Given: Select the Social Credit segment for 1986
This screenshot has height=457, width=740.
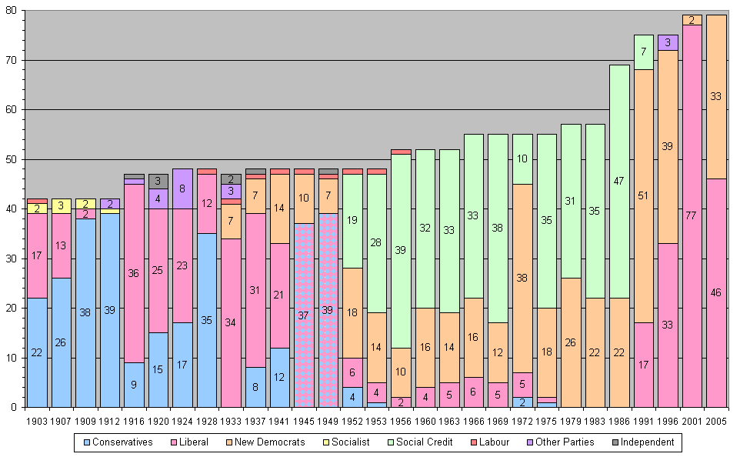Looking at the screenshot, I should coord(619,181).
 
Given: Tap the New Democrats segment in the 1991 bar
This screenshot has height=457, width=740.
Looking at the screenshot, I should coord(644,195).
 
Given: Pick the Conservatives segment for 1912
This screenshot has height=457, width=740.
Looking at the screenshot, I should coord(110,310).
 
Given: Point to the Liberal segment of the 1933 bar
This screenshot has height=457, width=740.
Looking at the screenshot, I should coord(231,322).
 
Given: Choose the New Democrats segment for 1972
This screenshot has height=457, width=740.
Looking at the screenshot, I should coord(522,278).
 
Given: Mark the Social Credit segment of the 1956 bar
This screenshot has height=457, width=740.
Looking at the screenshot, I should coord(401,251).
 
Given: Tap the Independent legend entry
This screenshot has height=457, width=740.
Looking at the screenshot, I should coord(643,442).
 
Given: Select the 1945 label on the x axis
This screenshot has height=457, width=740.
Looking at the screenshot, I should coord(304,420).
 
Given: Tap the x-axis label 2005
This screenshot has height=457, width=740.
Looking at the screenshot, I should coord(716,420).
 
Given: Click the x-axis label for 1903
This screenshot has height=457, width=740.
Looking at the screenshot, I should coord(37,420).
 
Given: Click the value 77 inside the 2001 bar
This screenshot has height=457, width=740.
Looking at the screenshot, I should coord(692,215).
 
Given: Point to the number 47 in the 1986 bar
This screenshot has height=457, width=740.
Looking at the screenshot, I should coord(619,182).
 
